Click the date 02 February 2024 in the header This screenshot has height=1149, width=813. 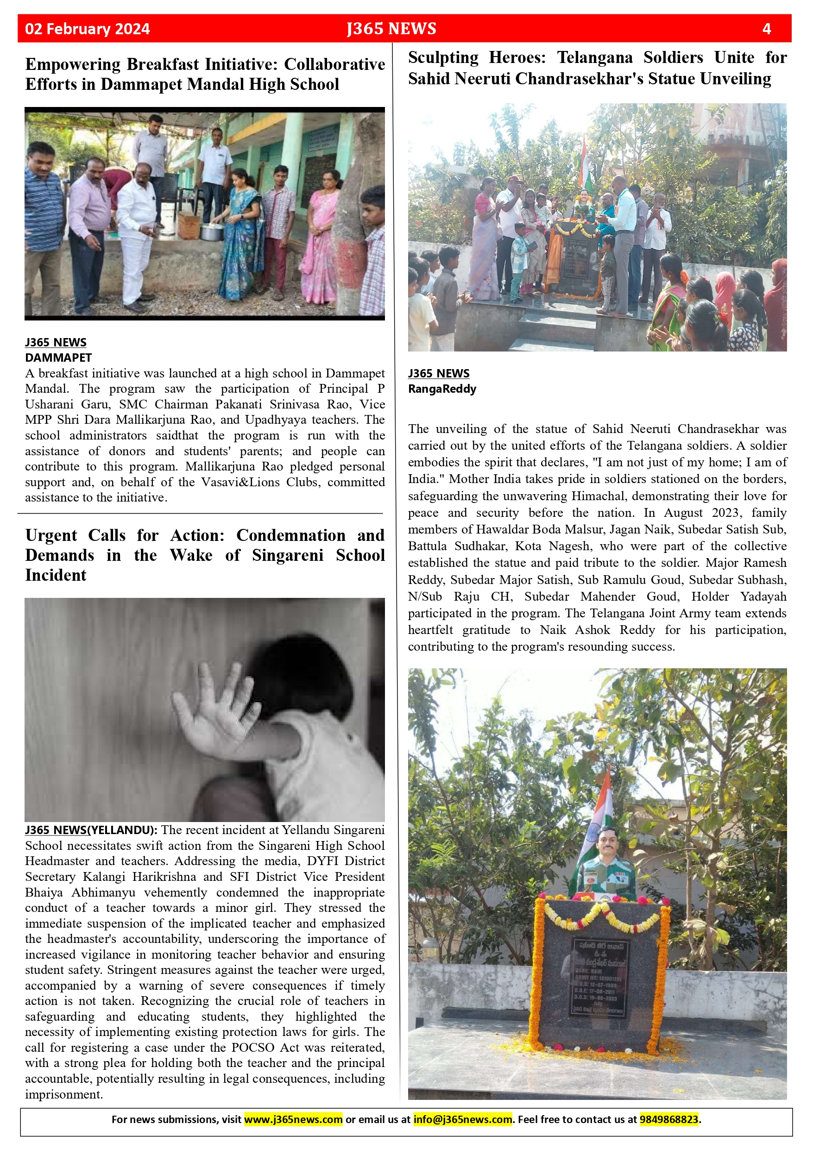88,29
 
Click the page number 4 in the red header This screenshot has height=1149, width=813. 766,29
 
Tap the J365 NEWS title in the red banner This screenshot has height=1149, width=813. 391,29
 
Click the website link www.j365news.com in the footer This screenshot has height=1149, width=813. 293,1119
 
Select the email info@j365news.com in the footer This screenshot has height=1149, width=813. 463,1119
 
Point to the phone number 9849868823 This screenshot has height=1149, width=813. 668,1119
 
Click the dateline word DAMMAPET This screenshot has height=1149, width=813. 58,358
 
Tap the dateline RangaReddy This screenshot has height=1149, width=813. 442,389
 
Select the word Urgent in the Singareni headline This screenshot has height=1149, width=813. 51,535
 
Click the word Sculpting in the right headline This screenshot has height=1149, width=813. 443,58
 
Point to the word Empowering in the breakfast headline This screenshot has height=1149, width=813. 73,64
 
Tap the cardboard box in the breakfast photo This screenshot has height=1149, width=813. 189,226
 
